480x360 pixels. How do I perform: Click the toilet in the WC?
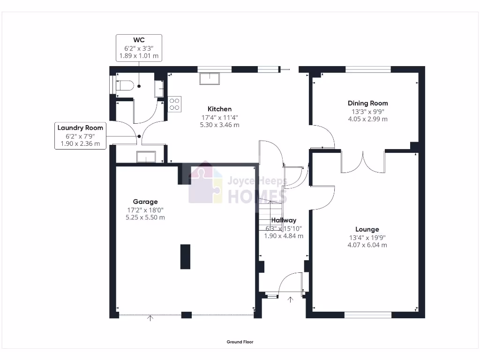coord(125,85)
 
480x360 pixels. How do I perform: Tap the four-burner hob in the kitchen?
coord(175,104)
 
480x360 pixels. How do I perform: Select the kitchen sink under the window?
coord(209,78)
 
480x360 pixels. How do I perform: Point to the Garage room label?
coord(145,202)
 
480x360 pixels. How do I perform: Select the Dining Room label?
coord(367,103)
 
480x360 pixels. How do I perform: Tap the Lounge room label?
coord(367,229)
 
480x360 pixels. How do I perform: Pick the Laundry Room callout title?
coord(80,127)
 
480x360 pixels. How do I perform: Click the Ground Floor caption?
coord(240,342)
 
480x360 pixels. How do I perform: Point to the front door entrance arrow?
coord(290,300)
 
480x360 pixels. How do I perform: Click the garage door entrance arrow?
coord(150,319)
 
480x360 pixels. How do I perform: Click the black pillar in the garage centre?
coord(185,256)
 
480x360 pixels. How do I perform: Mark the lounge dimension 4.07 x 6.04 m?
coord(367,245)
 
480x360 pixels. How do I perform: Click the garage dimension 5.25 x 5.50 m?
coord(145,217)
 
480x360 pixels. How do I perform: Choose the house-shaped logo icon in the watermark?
coord(205,183)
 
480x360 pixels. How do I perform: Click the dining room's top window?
coord(368,69)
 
